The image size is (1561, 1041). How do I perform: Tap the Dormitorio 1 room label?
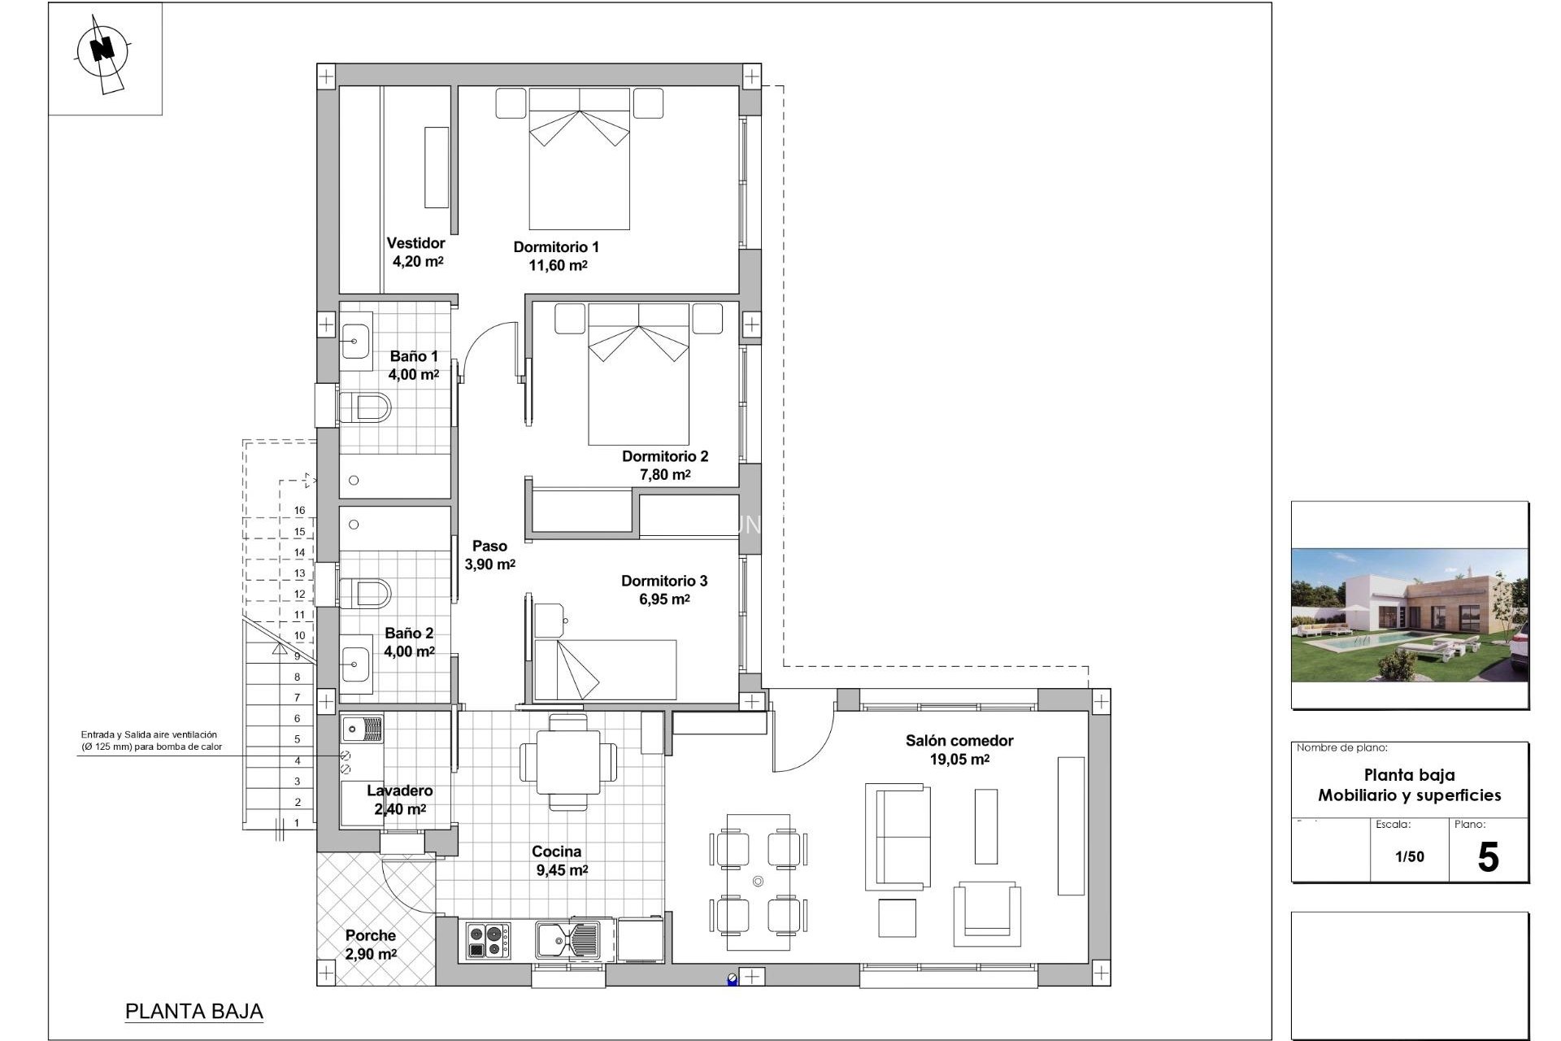point(556,255)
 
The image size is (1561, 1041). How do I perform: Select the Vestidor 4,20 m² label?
point(416,252)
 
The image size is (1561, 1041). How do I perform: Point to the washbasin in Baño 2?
point(355,665)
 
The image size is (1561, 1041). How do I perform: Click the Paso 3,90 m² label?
point(489,555)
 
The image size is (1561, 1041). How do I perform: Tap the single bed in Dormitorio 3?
point(605,669)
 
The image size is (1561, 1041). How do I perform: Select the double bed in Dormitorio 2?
point(638,373)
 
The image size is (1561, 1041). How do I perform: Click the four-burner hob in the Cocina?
point(488,940)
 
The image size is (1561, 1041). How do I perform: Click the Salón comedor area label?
point(959,750)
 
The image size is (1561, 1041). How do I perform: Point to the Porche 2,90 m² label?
point(371,944)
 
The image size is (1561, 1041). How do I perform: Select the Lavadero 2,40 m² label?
point(399,799)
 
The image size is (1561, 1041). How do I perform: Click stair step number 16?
point(299,511)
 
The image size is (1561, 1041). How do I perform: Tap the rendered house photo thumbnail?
point(1410,615)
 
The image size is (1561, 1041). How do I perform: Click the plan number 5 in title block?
point(1488,858)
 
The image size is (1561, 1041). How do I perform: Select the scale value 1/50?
point(1409,856)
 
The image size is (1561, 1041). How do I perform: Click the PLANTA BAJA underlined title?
point(194,1011)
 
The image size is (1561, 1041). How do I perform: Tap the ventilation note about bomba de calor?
point(151,740)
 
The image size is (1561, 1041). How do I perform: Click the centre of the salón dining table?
point(758,881)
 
